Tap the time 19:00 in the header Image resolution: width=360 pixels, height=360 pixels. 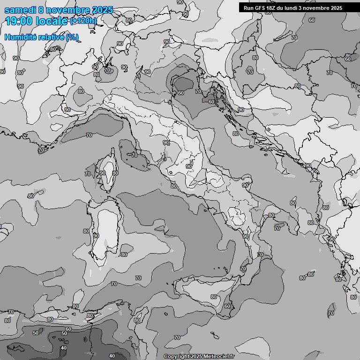tap(19, 21)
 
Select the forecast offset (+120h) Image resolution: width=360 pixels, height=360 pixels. tap(83, 21)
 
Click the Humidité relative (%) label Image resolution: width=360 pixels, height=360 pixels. tap(41, 37)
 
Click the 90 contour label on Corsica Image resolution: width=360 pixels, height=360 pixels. tap(103, 173)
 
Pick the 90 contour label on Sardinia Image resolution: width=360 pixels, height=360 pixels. tap(96, 236)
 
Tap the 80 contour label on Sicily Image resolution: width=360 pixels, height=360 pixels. tap(214, 297)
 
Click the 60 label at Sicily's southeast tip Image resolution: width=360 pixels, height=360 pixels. tap(227, 306)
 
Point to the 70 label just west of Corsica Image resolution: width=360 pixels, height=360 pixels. tap(88, 174)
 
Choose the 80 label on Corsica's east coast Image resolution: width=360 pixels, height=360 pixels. tap(115, 173)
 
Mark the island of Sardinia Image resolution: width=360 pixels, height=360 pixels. tap(105, 234)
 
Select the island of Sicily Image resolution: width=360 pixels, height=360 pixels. tap(206, 288)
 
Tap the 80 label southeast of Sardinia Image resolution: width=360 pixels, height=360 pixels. tap(124, 255)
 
